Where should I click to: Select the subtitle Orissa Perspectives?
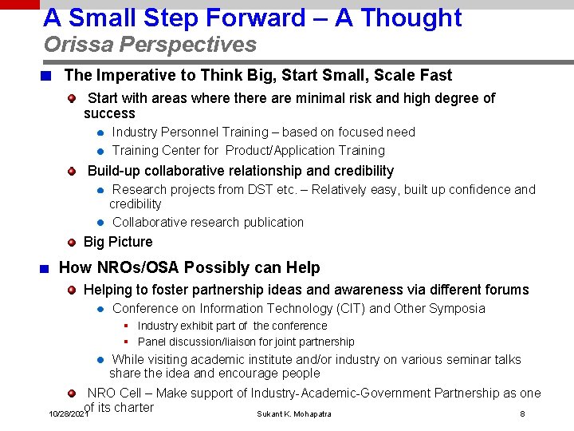(x=150, y=45)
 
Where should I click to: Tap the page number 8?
(x=522, y=414)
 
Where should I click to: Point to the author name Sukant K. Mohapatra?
(x=294, y=414)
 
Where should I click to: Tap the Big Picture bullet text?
(x=118, y=242)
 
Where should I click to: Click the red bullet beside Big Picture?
(x=72, y=242)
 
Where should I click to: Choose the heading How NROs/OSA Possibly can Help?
(x=190, y=268)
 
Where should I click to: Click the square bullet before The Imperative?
(x=48, y=77)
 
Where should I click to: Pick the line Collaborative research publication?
(x=208, y=223)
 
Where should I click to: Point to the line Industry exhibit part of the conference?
(x=232, y=326)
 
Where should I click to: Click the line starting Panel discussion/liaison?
(x=246, y=342)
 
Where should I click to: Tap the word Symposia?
(x=457, y=309)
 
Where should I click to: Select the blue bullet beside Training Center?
(x=101, y=151)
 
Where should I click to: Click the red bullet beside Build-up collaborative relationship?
(x=72, y=171)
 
